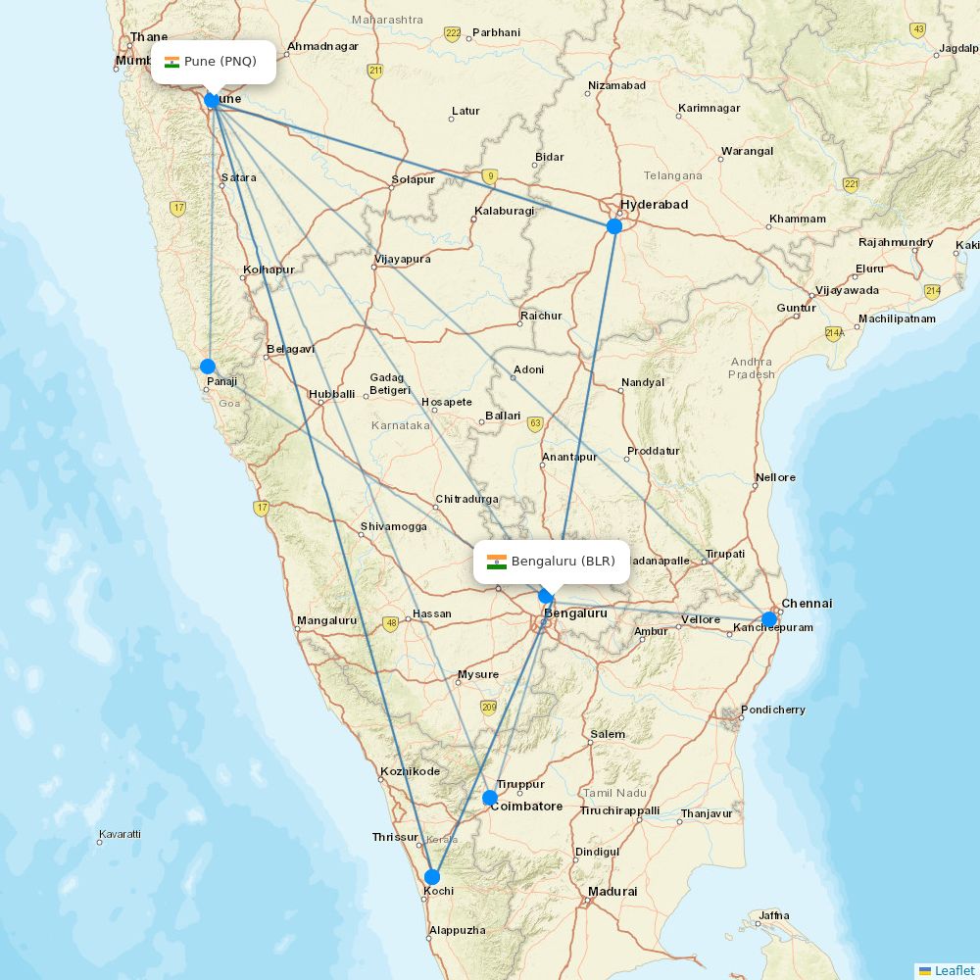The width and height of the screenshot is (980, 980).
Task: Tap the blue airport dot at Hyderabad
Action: [x=614, y=226]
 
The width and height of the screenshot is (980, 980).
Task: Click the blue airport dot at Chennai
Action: [x=769, y=619]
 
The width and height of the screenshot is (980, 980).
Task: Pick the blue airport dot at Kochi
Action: [x=432, y=876]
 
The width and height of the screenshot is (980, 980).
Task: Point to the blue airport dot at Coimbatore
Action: [x=490, y=798]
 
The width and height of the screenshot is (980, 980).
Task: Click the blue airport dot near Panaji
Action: [x=208, y=367]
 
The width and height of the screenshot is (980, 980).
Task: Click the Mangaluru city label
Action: [x=327, y=620]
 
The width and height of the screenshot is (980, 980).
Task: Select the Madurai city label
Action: [x=612, y=892]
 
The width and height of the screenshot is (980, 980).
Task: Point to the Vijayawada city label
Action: [x=847, y=291]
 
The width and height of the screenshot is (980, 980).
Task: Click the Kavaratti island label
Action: [x=120, y=835]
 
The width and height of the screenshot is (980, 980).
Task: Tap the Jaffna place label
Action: [x=773, y=916]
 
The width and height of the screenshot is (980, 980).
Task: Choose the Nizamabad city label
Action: [x=616, y=85]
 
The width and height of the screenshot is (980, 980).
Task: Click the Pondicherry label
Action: [x=773, y=710]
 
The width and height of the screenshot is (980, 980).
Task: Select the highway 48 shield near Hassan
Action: [x=391, y=623]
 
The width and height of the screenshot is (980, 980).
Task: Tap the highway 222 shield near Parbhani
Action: [x=452, y=33]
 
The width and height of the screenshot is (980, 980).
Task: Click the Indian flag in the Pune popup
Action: [x=172, y=62]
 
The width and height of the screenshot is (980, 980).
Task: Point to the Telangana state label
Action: [x=673, y=175]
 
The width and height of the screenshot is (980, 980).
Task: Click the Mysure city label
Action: [x=478, y=674]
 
